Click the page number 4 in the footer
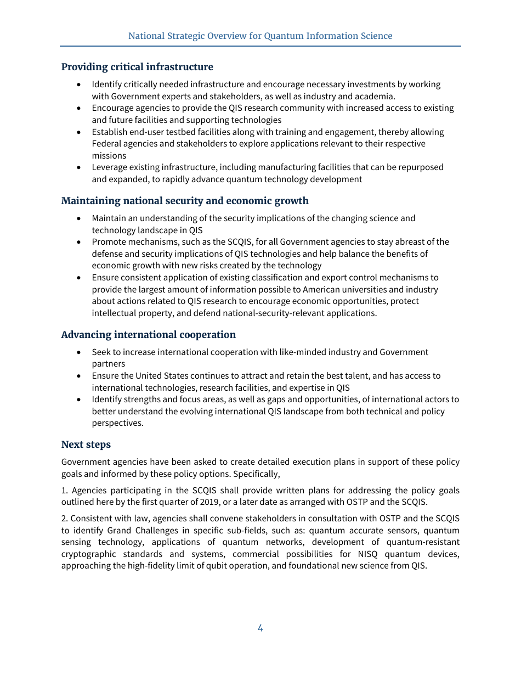(260, 628)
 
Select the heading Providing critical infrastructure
(137, 67)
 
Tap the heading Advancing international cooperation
(148, 335)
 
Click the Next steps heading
(86, 445)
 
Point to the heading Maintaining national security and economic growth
(185, 201)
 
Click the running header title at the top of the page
(260, 36)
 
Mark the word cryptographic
(88, 554)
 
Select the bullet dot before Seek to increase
(80, 352)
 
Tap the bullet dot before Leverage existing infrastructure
(80, 167)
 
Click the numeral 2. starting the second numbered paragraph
(65, 519)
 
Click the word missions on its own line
(109, 156)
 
